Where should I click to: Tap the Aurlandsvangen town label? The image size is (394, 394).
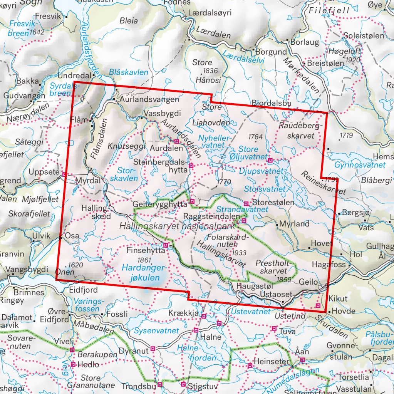pyautogui.click(x=149, y=99)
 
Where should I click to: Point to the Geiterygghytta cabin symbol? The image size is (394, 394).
pyautogui.click(x=192, y=201)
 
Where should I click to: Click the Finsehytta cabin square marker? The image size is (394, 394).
pyautogui.click(x=166, y=245)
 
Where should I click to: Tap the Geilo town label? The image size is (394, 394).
pyautogui.click(x=308, y=282)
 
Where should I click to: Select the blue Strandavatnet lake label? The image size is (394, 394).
pyautogui.click(x=242, y=209)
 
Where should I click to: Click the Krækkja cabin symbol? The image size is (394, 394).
pyautogui.click(x=204, y=316)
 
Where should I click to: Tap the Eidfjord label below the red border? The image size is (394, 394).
pyautogui.click(x=83, y=290)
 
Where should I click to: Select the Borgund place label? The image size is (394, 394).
pyautogui.click(x=272, y=52)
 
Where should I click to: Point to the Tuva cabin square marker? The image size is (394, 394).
pyautogui.click(x=274, y=329)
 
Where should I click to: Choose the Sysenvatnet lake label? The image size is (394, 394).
pyautogui.click(x=156, y=330)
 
